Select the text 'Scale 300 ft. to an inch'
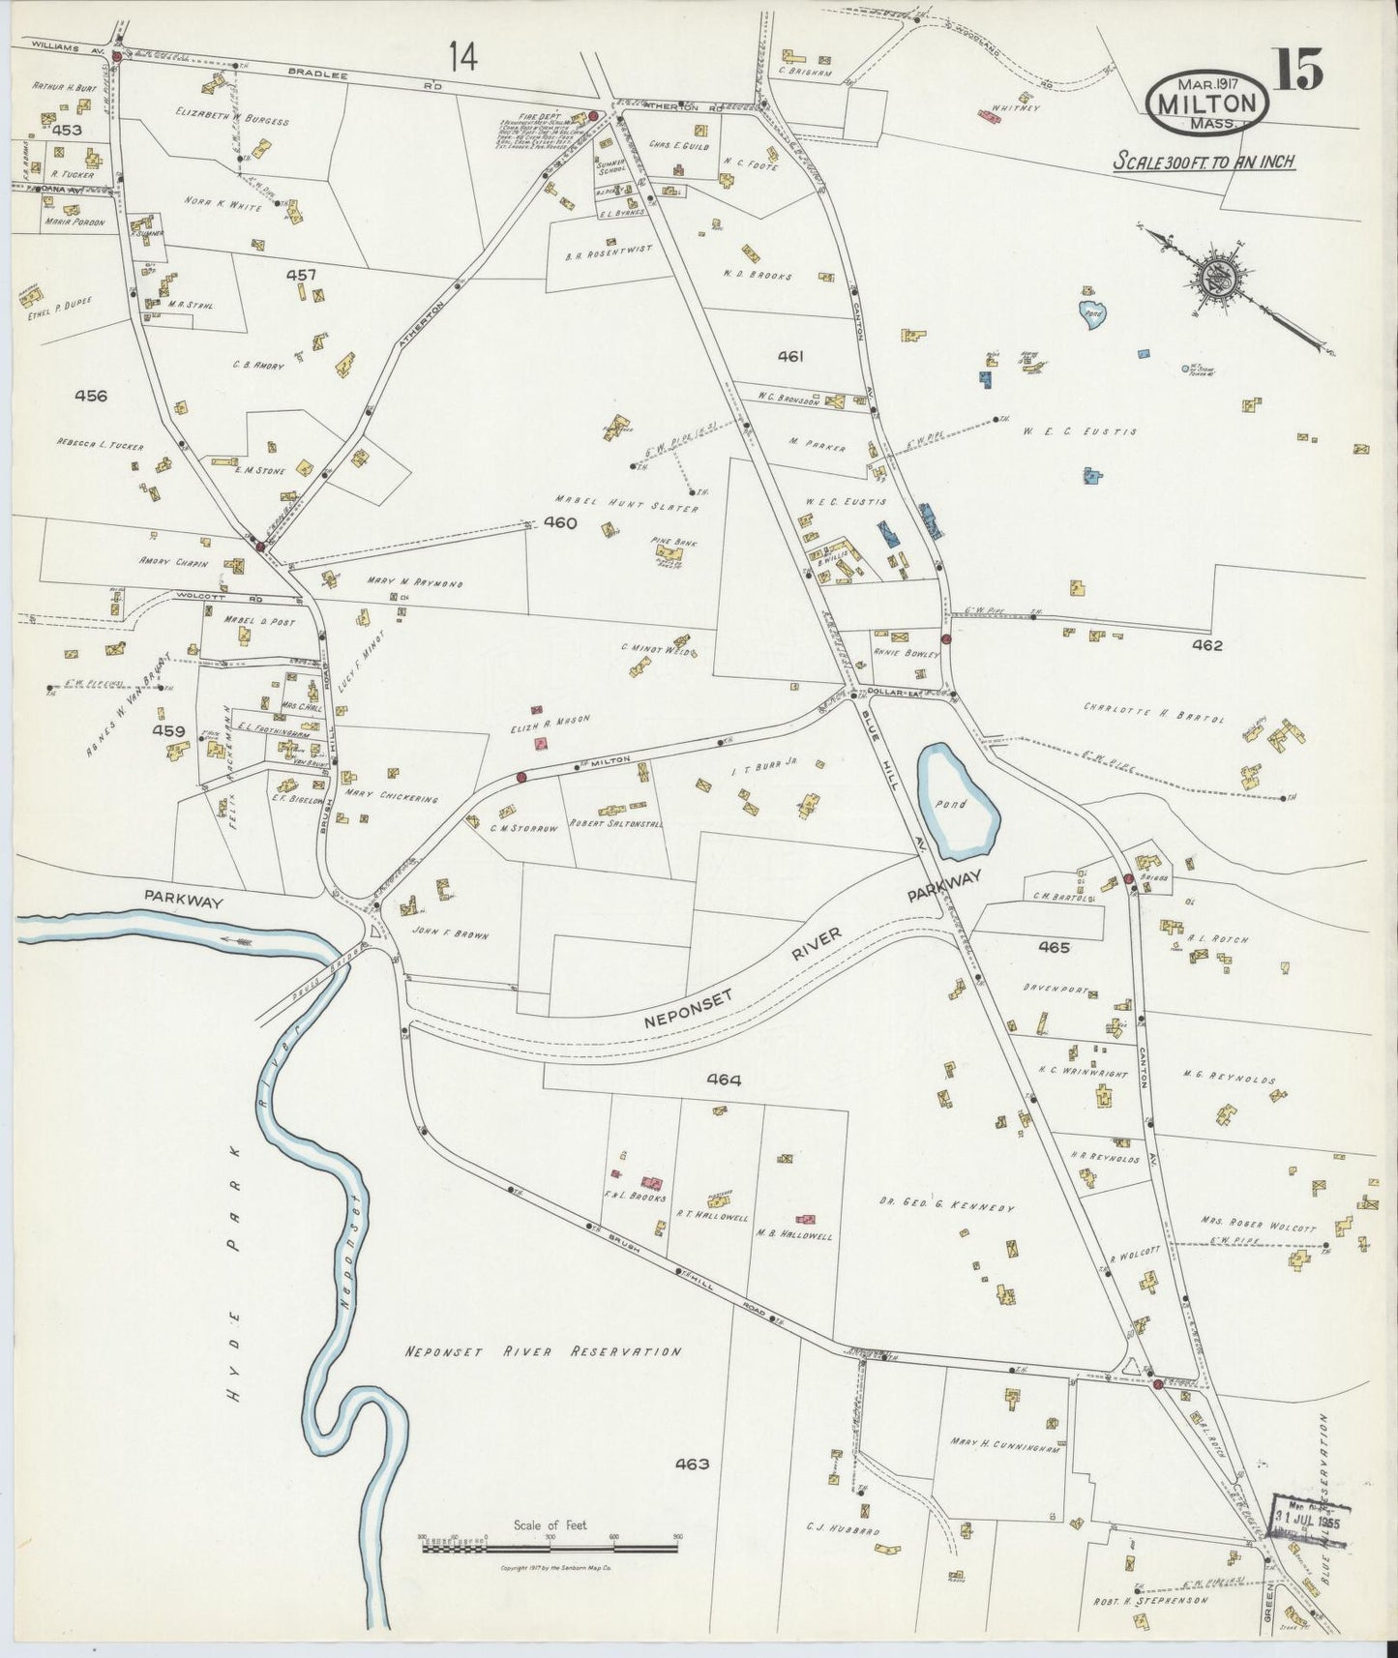(1204, 162)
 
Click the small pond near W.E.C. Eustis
(1091, 315)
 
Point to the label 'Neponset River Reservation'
(543, 1351)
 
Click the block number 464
(723, 1081)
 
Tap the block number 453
(68, 130)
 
